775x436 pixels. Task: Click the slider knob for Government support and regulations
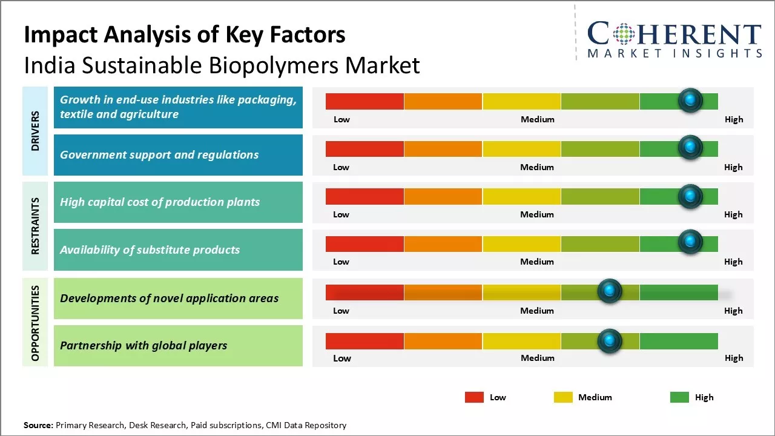[690, 147]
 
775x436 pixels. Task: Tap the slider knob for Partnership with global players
[609, 341]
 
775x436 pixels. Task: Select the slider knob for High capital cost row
[690, 196]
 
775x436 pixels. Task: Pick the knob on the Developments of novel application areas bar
[609, 291]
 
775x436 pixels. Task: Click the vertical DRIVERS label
[35, 130]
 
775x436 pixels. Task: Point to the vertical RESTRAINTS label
[35, 226]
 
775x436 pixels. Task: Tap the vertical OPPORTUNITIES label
[35, 322]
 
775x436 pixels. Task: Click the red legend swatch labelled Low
[474, 397]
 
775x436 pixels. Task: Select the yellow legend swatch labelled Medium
[563, 397]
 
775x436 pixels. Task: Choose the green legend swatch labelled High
[679, 397]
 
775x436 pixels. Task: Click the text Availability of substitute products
[150, 249]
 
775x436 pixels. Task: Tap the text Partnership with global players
[143, 346]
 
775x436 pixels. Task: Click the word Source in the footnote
[38, 425]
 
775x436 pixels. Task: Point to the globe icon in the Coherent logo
[624, 35]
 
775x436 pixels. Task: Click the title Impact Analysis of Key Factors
[185, 35]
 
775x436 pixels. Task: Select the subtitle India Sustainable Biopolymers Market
[222, 65]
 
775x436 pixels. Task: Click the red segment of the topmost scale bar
[364, 101]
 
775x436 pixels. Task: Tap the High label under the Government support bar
[733, 167]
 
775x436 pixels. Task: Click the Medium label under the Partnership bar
[537, 358]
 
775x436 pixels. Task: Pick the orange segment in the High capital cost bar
[443, 196]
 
